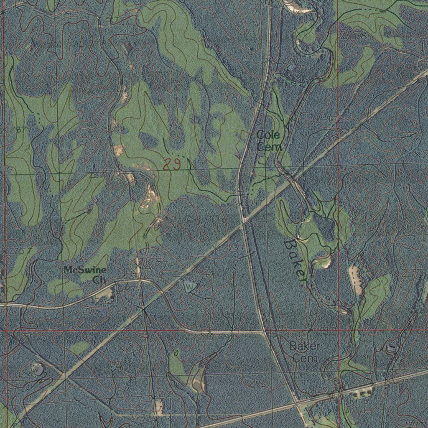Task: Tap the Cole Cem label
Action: tap(269, 141)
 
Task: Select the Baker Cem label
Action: tap(305, 352)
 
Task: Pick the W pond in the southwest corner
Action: tap(38, 369)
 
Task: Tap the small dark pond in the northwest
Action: tap(127, 48)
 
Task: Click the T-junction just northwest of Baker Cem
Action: tap(264, 332)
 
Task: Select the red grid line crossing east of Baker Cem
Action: tap(338, 330)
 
